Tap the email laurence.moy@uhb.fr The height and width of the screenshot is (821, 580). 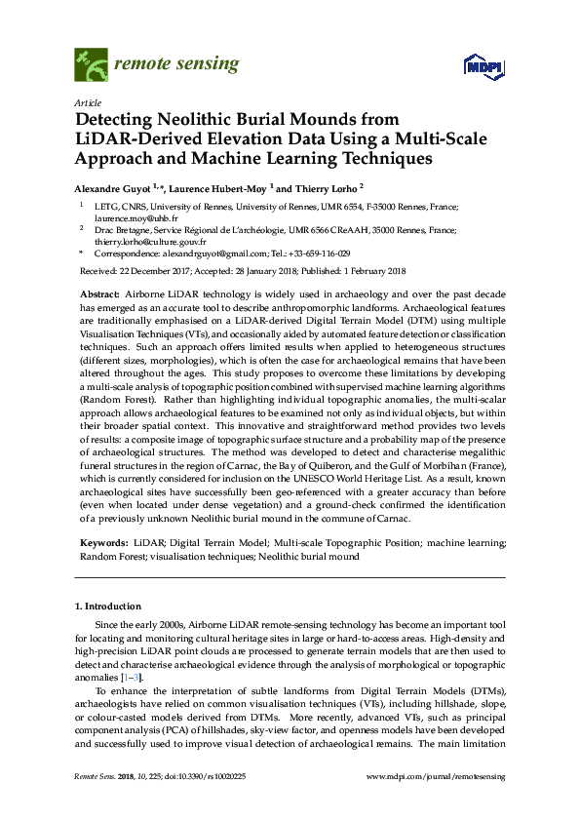click(130, 220)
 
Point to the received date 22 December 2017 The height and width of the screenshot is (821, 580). click(157, 271)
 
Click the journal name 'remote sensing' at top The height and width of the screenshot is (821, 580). click(176, 64)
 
